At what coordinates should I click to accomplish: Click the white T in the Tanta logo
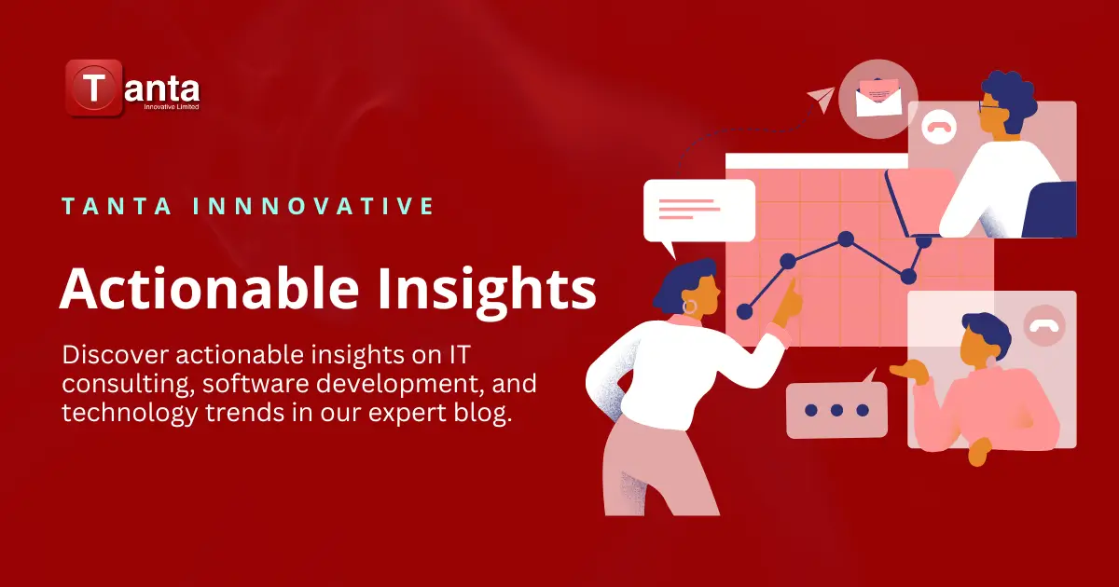click(x=93, y=89)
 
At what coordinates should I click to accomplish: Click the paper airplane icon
click(x=822, y=98)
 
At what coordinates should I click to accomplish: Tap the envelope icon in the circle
click(x=877, y=96)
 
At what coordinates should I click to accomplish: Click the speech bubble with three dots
click(x=836, y=409)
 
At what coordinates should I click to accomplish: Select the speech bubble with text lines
click(x=698, y=210)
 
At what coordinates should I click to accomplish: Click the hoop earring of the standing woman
click(x=690, y=306)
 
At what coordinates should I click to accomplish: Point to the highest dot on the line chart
click(x=846, y=239)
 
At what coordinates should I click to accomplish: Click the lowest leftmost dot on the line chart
click(x=744, y=311)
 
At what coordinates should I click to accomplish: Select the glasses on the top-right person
click(x=990, y=110)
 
